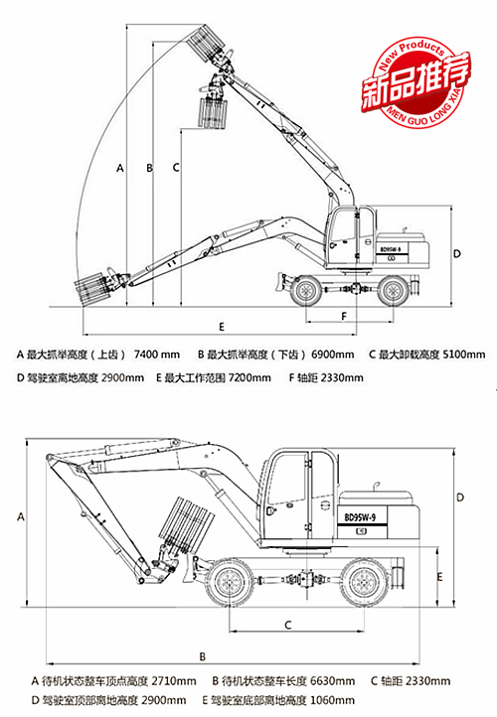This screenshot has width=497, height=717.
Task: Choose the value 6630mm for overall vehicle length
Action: [329, 681]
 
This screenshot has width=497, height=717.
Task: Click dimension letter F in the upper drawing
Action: [343, 316]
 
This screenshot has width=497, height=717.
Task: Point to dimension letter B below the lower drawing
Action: [202, 656]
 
